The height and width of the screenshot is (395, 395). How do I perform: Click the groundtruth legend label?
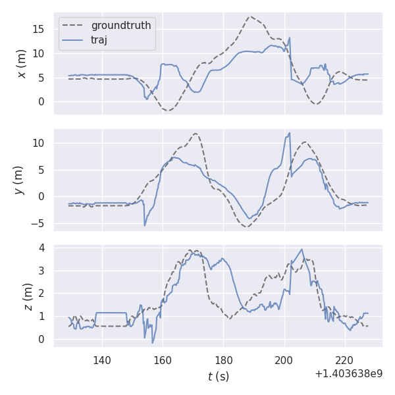click(120, 26)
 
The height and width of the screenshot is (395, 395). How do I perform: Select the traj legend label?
click(99, 39)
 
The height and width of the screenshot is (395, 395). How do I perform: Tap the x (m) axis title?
click(22, 63)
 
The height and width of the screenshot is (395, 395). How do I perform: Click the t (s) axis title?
click(218, 377)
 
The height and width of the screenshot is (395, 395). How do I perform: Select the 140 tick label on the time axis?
click(102, 360)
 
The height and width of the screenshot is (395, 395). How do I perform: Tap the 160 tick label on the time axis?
click(163, 360)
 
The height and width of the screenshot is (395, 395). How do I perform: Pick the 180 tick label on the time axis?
click(223, 360)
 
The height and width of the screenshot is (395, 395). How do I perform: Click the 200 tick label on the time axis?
click(284, 360)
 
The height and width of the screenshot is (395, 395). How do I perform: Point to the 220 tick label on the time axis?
click(344, 360)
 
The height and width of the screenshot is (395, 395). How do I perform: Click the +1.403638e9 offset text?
click(348, 373)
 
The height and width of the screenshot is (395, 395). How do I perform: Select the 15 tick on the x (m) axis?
click(41, 29)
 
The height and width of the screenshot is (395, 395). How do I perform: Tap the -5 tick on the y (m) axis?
click(39, 223)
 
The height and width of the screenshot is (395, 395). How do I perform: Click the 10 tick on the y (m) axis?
click(41, 143)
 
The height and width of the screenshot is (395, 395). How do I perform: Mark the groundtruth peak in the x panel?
click(250, 17)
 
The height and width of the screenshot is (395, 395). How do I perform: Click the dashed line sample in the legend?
click(73, 26)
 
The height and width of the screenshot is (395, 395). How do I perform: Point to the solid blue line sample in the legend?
click(73, 39)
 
